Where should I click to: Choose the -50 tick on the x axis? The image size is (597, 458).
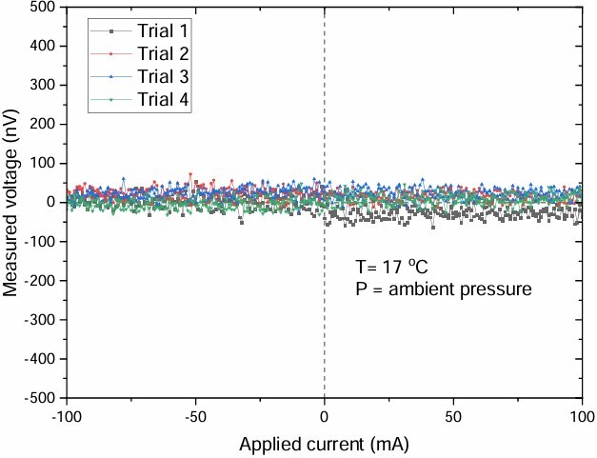[195, 416]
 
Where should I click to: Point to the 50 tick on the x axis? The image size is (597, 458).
[454, 416]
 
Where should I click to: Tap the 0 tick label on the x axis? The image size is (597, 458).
[325, 416]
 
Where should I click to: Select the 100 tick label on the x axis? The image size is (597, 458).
[583, 416]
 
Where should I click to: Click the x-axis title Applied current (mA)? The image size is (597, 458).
[324, 444]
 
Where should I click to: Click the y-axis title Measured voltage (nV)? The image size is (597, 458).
[12, 202]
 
